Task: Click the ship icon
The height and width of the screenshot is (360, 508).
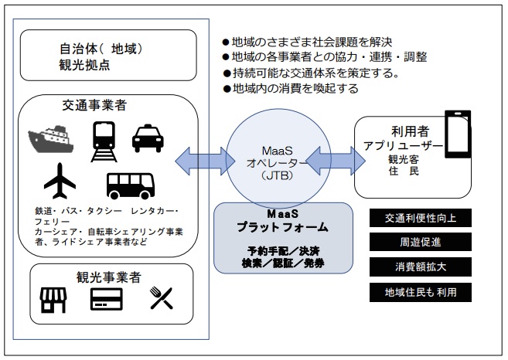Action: [50, 139]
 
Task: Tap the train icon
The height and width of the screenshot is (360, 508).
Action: [104, 141]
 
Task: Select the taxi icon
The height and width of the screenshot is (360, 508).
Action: [148, 138]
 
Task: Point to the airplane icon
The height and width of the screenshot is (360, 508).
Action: [60, 181]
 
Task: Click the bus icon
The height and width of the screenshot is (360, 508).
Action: [131, 186]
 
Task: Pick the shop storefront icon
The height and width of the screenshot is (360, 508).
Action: [53, 300]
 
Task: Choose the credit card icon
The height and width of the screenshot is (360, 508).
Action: [106, 299]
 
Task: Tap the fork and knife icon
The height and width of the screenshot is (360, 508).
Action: [162, 298]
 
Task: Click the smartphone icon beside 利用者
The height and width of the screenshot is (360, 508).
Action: [458, 134]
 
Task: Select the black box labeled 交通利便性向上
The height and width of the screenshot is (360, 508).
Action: [420, 218]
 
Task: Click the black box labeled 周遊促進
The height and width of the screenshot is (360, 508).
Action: [420, 242]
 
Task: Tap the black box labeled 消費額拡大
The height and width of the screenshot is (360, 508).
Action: [420, 267]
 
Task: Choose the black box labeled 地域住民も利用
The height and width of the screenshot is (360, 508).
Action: [420, 292]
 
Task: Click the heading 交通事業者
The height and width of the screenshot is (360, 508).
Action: [94, 105]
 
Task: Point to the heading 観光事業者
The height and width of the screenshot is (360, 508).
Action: [109, 277]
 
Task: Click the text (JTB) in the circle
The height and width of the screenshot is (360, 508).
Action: [278, 175]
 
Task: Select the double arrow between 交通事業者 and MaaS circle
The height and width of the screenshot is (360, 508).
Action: [205, 161]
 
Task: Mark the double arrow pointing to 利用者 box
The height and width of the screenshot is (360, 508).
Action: [336, 161]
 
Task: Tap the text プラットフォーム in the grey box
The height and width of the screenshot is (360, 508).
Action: [282, 227]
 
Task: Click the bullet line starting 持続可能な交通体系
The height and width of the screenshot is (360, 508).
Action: [311, 73]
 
